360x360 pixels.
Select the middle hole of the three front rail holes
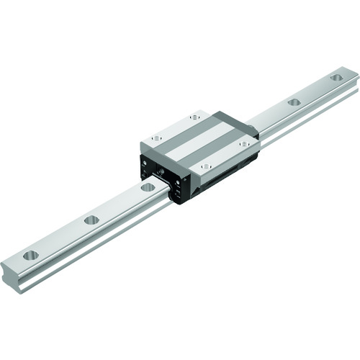tap(91, 220)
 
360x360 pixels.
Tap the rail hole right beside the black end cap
tap(148, 187)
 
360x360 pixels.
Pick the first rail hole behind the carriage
tap(293, 102)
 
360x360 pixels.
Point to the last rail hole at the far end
tap(336, 76)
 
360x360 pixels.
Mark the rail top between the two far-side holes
tap(315, 89)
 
